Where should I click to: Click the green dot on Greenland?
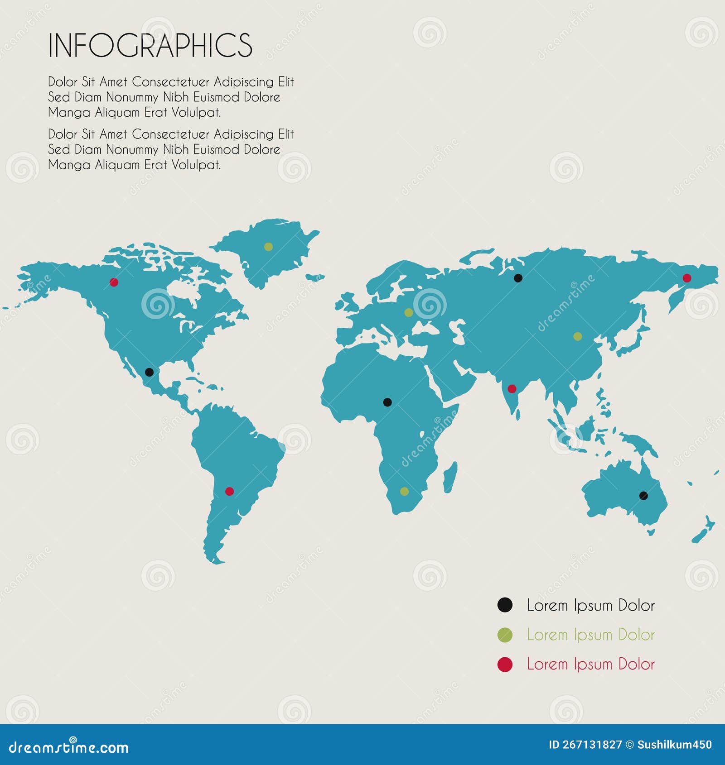point(268,247)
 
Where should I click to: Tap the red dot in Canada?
point(114,282)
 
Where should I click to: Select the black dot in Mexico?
point(149,373)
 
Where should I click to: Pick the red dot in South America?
point(229,491)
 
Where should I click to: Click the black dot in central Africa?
point(387,402)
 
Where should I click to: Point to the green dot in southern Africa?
point(404,491)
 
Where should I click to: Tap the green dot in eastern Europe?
point(408,312)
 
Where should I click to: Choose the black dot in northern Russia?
point(518,278)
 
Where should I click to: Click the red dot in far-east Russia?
point(687,278)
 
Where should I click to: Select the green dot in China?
point(577,336)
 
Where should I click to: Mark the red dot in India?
point(512,388)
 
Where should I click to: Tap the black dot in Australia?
point(643,496)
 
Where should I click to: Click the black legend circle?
point(505,605)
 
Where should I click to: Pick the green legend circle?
point(505,635)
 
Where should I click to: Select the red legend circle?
point(505,665)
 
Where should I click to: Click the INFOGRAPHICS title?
point(150,45)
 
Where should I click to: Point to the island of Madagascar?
point(449,477)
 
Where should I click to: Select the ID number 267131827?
point(592,745)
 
